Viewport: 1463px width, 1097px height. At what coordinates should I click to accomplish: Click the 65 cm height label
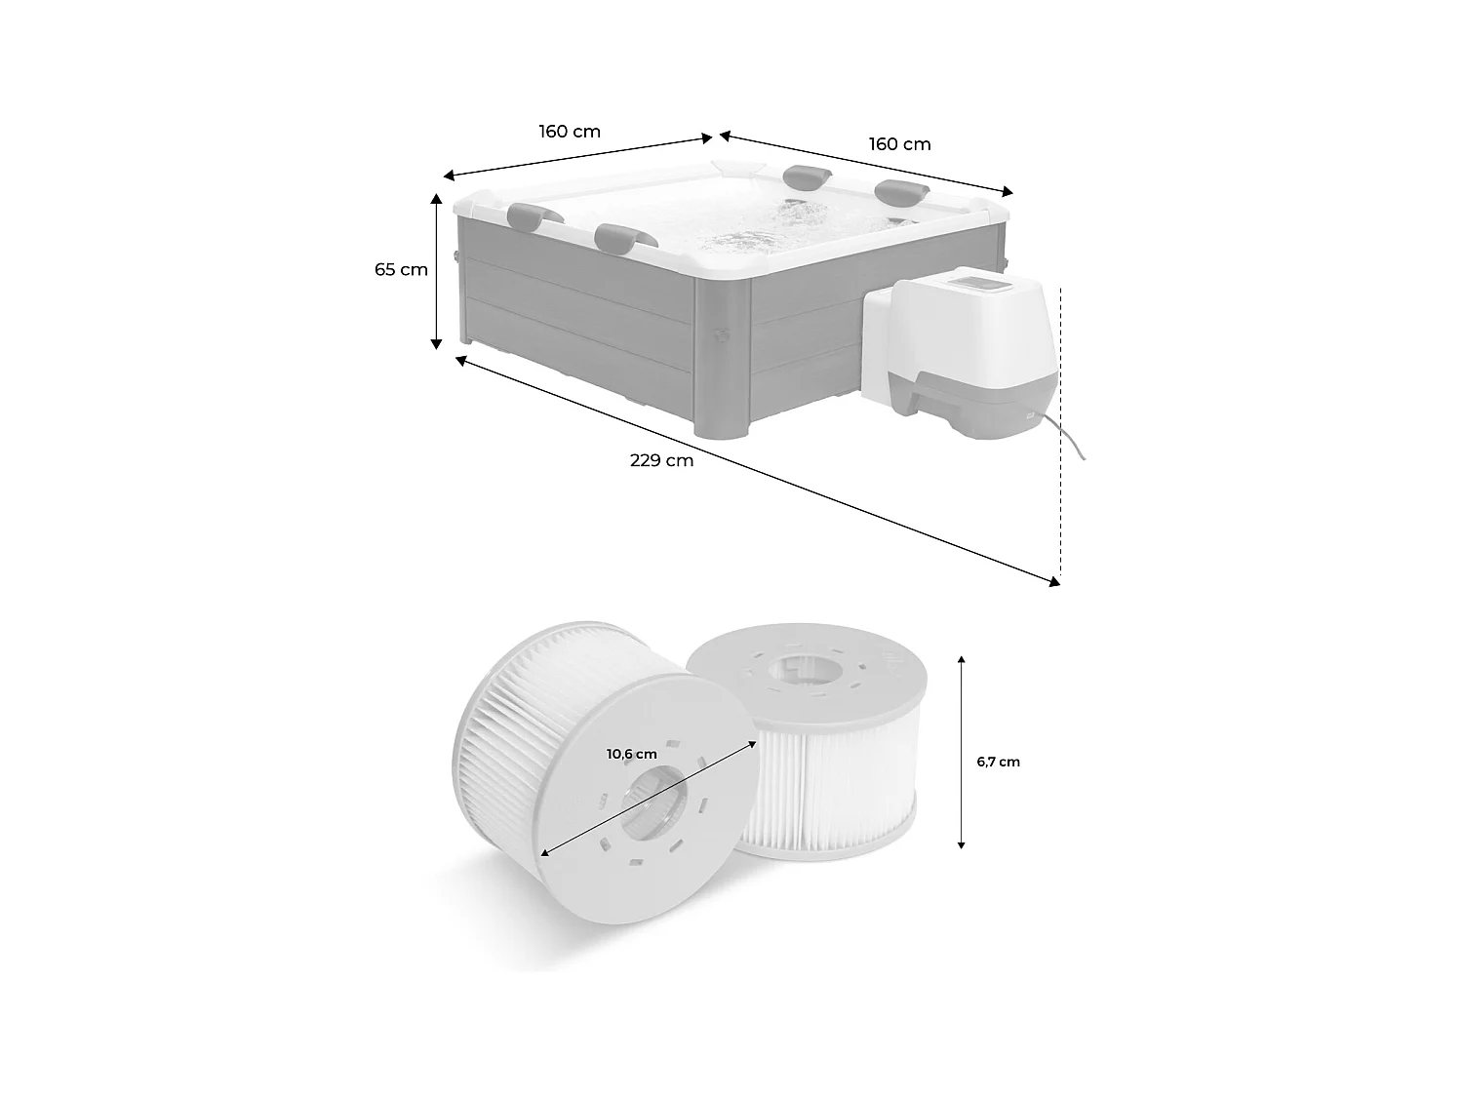pos(401,270)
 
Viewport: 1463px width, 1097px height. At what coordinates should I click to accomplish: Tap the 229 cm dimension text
pos(661,460)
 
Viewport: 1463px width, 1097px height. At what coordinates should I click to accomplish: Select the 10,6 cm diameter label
pos(631,754)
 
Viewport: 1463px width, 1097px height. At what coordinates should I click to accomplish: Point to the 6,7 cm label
pos(998,762)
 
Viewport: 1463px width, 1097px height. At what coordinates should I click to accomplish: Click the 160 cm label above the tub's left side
pos(570,131)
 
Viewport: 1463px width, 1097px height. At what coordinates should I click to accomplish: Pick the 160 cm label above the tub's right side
pos(899,144)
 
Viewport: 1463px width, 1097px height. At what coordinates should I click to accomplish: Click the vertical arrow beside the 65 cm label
pos(438,270)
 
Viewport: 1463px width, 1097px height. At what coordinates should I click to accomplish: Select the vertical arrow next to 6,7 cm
pos(962,752)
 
